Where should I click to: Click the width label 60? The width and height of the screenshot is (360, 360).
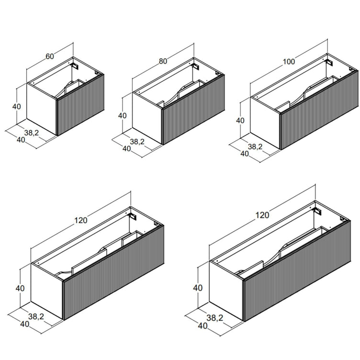click(x=50, y=56)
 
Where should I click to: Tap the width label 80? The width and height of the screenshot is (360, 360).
click(x=163, y=61)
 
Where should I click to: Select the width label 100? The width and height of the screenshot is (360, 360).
click(x=289, y=62)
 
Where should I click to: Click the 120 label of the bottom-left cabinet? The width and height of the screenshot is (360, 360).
click(x=81, y=220)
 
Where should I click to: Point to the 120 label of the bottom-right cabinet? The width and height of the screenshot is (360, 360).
click(x=262, y=215)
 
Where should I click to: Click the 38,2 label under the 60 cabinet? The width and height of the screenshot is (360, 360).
click(x=32, y=133)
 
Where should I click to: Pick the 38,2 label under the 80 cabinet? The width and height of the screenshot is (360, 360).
click(x=137, y=142)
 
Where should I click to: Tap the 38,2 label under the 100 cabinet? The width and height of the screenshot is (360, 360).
click(x=255, y=146)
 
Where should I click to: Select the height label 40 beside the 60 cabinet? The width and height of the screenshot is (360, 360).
click(x=17, y=107)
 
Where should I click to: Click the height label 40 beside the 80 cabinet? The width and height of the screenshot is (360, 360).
click(x=123, y=115)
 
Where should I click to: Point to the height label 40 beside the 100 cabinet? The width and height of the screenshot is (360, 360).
click(x=240, y=120)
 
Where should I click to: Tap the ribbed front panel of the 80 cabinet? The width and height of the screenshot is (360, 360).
click(x=194, y=110)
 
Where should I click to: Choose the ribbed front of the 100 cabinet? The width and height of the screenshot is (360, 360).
click(x=319, y=111)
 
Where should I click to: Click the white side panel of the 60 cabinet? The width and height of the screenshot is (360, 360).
click(x=42, y=109)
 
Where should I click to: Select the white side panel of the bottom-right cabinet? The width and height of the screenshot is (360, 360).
click(x=226, y=291)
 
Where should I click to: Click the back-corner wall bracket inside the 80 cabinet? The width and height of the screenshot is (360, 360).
click(x=196, y=66)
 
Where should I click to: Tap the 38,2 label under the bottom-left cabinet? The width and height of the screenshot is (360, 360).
click(x=36, y=316)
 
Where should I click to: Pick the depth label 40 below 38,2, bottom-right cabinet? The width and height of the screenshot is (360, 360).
click(x=202, y=326)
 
